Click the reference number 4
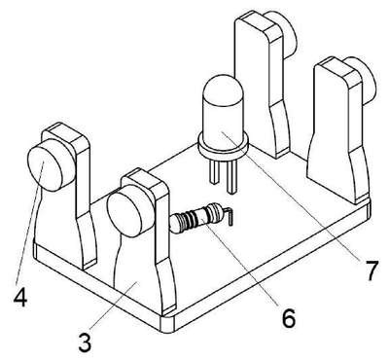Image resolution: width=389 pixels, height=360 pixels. pyautogui.click(x=20, y=297)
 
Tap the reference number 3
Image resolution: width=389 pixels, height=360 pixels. pyautogui.click(x=85, y=342)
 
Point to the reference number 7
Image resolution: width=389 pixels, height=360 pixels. pyautogui.click(x=371, y=270)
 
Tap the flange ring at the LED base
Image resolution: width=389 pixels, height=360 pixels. pyautogui.click(x=223, y=148)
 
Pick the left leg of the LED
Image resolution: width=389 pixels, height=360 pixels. pyautogui.click(x=214, y=172)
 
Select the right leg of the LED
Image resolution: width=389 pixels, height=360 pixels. pyautogui.click(x=231, y=178)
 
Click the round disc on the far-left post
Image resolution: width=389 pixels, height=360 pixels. pyautogui.click(x=45, y=164)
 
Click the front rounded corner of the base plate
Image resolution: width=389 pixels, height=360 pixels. pyautogui.click(x=168, y=324)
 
